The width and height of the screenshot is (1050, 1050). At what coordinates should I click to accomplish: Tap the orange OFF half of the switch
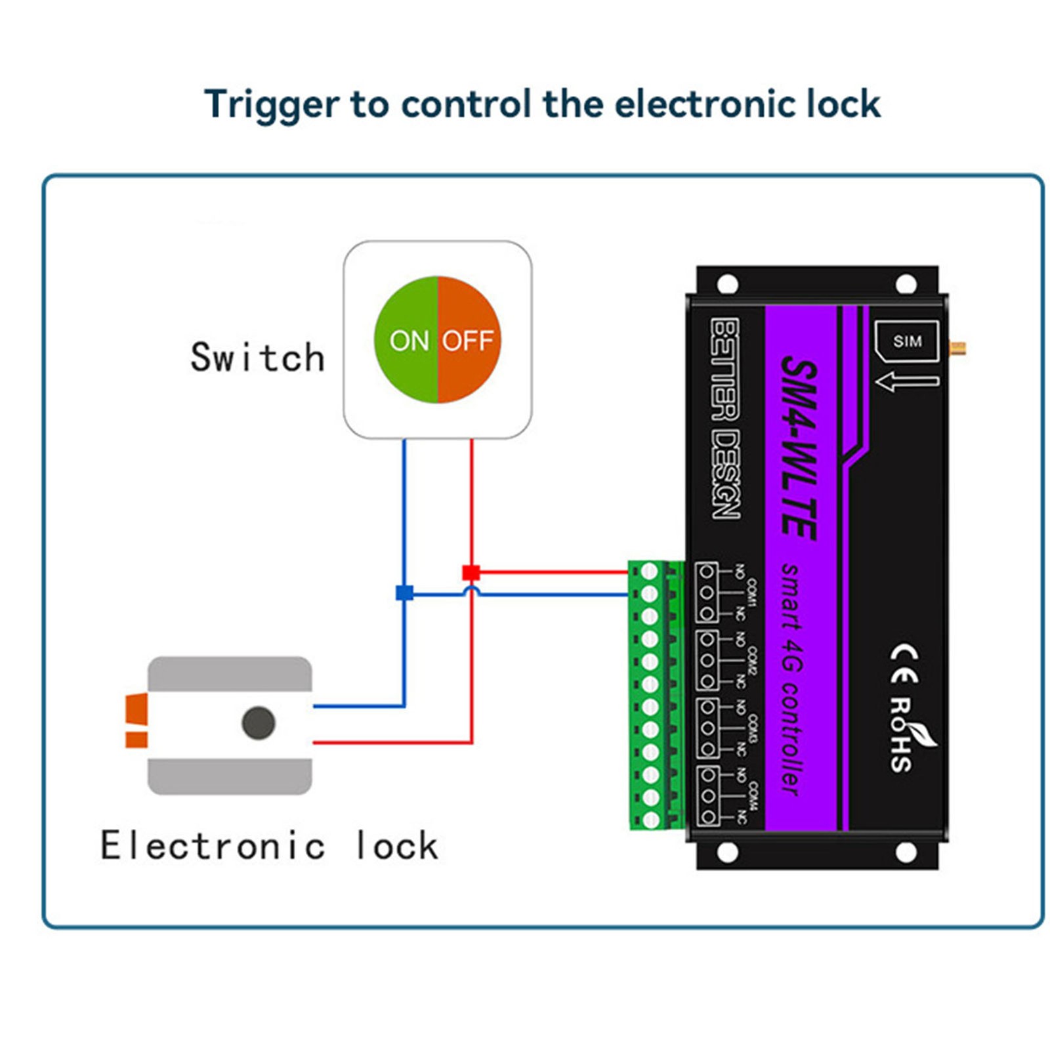[469, 340]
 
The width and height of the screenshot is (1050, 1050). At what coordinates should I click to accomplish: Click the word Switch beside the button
[257, 358]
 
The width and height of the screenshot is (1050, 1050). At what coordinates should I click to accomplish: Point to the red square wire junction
[471, 572]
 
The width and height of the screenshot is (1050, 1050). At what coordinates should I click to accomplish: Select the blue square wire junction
[404, 593]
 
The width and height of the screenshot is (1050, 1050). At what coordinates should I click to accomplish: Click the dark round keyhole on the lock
[258, 723]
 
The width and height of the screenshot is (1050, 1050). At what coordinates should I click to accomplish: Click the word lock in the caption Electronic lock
[396, 845]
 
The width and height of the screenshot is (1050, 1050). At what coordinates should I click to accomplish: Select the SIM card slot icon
[907, 341]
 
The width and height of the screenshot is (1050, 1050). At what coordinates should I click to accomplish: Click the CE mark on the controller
[904, 663]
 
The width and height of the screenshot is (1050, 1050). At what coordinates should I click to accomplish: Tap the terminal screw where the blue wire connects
[649, 595]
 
